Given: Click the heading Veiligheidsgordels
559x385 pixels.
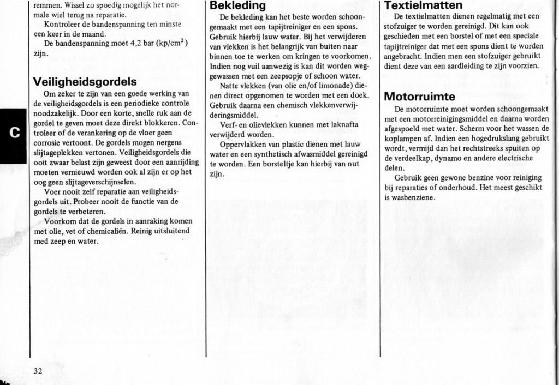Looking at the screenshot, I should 85,82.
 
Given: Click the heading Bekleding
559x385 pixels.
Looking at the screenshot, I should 238,6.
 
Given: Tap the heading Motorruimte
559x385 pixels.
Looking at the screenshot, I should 419,97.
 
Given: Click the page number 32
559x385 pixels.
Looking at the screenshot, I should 38,370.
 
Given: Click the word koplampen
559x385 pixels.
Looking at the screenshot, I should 405,138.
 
